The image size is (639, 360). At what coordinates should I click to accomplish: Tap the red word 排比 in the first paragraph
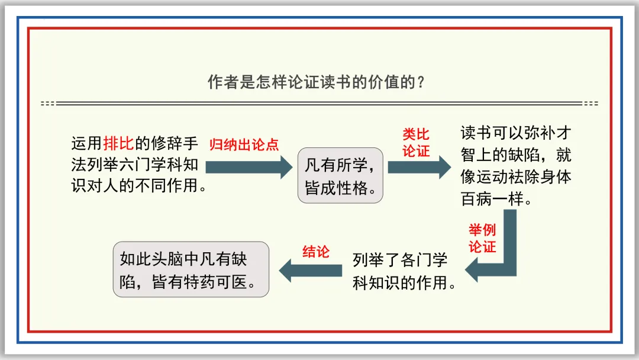click(x=119, y=143)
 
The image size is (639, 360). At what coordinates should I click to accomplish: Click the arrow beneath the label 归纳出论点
click(x=248, y=167)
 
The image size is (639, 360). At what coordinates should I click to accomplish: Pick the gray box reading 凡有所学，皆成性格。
click(x=340, y=175)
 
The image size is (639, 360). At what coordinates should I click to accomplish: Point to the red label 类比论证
click(x=416, y=143)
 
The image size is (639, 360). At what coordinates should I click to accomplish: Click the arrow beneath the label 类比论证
click(x=419, y=167)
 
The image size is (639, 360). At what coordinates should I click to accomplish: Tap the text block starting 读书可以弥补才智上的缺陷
click(x=516, y=166)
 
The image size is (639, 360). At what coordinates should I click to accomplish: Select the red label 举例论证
click(x=482, y=238)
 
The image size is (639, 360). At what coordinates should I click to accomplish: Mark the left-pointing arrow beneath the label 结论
click(x=311, y=271)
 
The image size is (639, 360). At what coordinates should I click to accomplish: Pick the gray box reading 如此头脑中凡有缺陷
click(x=191, y=269)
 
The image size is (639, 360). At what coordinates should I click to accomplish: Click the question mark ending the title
click(x=421, y=82)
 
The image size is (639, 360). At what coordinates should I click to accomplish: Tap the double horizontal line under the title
click(x=319, y=104)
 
